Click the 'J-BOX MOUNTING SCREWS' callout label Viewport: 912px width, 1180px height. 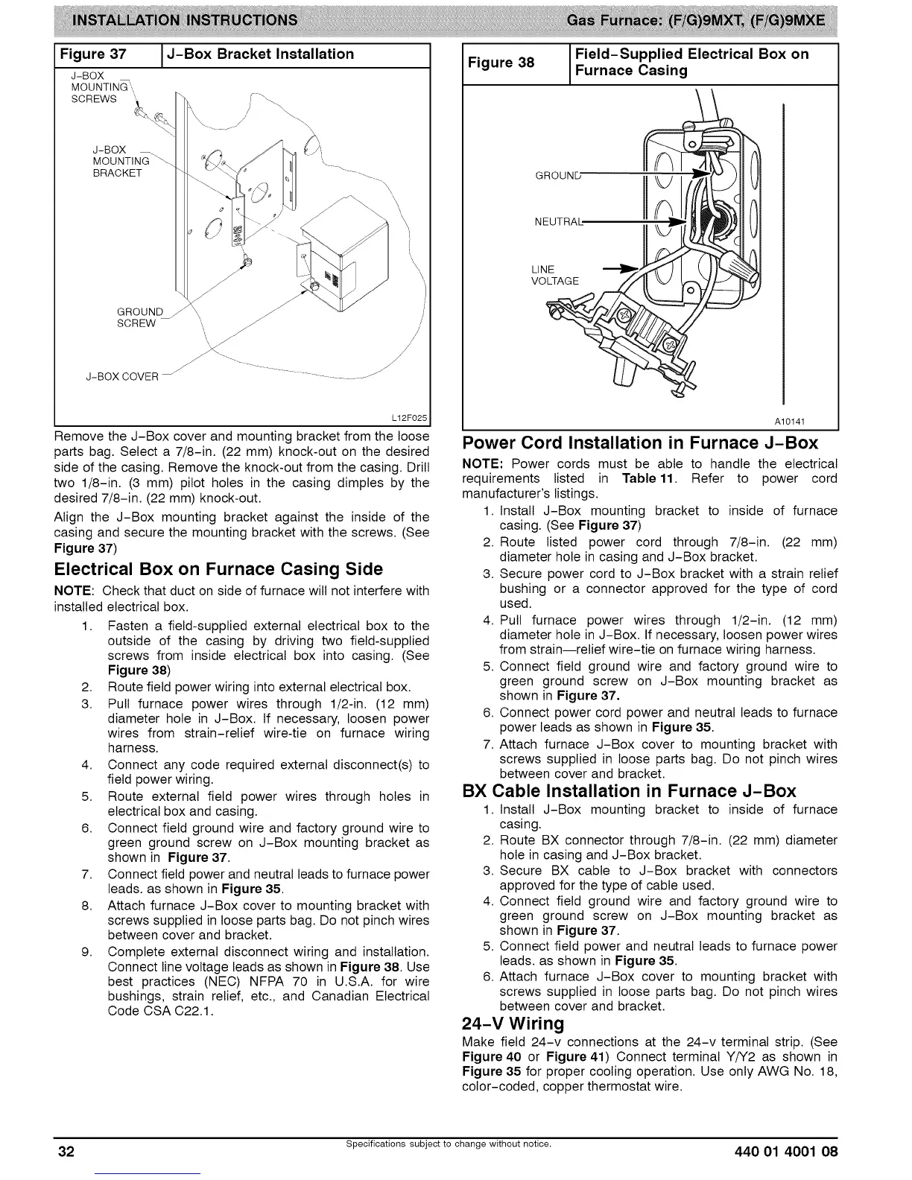coord(94,88)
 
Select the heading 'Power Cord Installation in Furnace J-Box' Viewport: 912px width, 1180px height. coord(640,443)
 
